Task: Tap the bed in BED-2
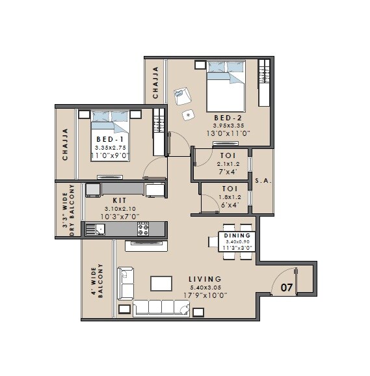point(226,91)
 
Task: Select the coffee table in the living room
point(161,283)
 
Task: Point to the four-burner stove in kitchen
point(142,229)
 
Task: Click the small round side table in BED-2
point(189,114)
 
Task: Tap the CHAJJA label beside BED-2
point(155,83)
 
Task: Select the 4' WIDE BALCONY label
point(97,280)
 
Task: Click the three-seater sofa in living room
point(156,307)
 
